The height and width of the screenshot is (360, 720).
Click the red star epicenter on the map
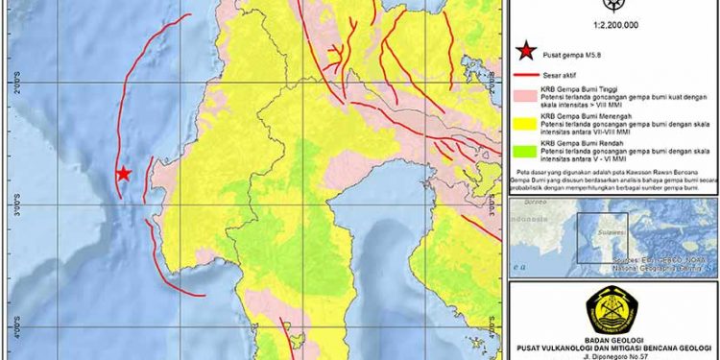click(123, 174)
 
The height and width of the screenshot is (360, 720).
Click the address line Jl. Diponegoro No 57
click(611, 355)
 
